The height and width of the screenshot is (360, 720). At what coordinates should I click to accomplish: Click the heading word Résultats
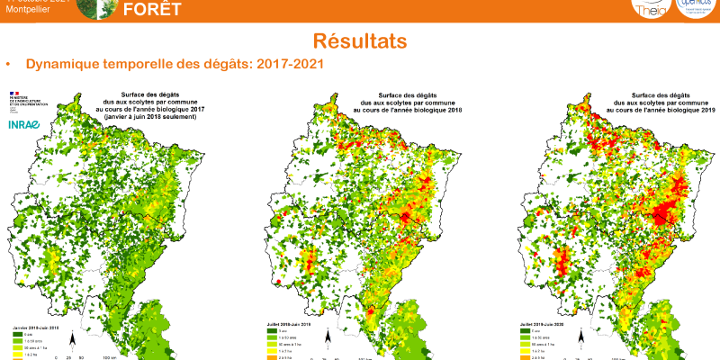pos(359,41)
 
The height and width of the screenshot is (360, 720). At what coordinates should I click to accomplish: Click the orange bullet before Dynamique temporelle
pos(8,66)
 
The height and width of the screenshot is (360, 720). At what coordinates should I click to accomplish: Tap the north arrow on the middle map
pos(330,339)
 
